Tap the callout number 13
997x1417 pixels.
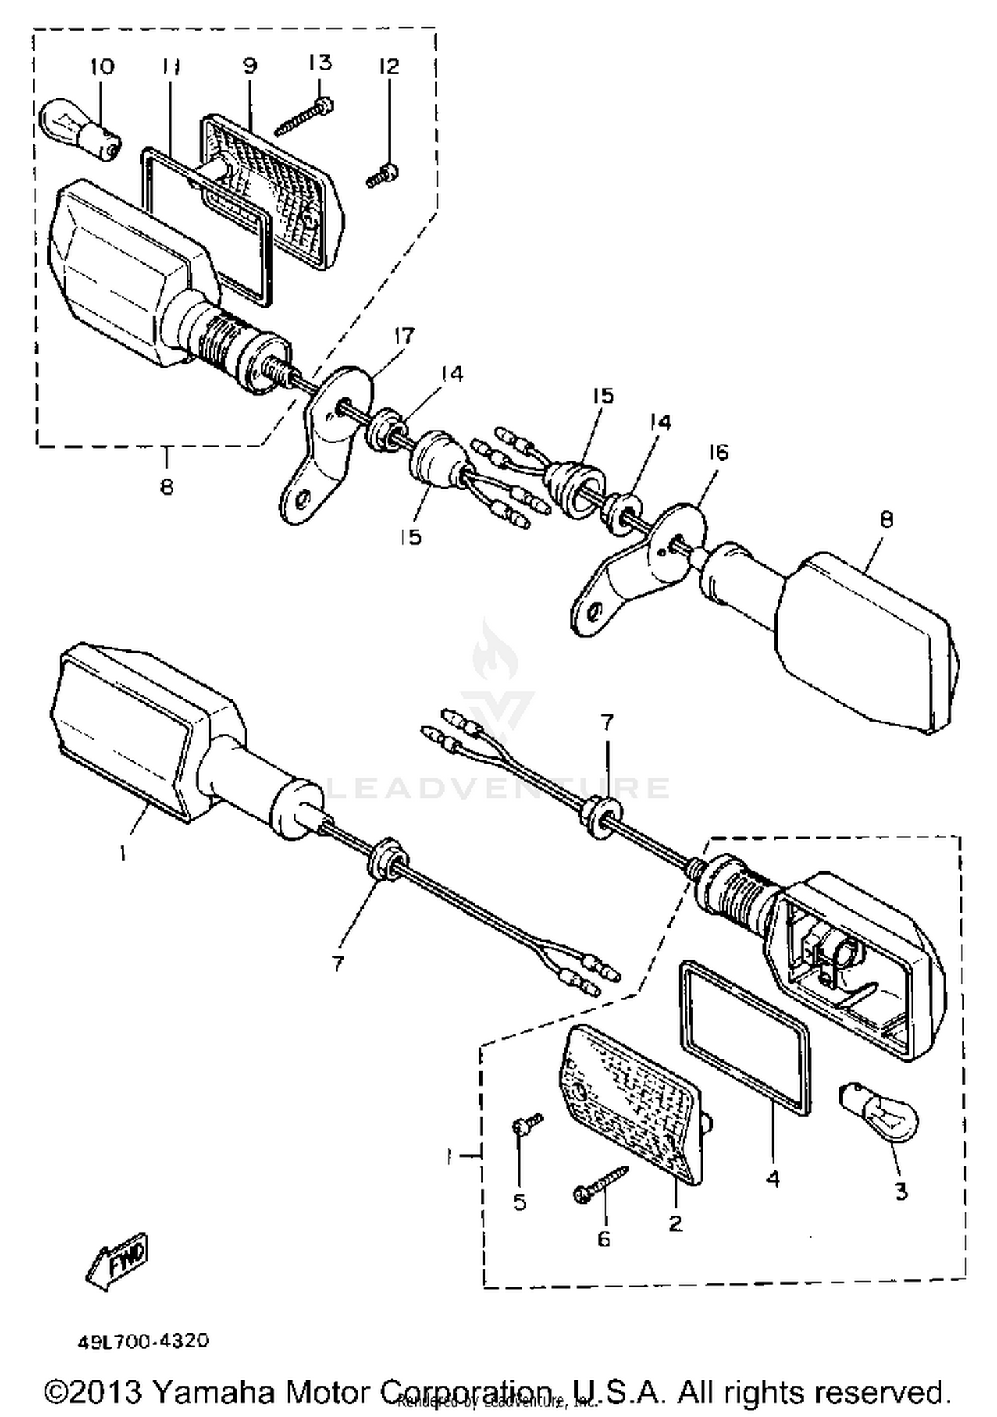(x=320, y=63)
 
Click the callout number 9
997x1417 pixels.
(x=249, y=66)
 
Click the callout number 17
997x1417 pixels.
(x=405, y=335)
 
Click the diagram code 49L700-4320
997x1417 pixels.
(x=144, y=1341)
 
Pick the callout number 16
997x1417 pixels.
(x=719, y=453)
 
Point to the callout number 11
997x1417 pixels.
(x=171, y=66)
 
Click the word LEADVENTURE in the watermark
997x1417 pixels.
(x=498, y=788)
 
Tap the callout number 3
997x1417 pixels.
(x=901, y=1192)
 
